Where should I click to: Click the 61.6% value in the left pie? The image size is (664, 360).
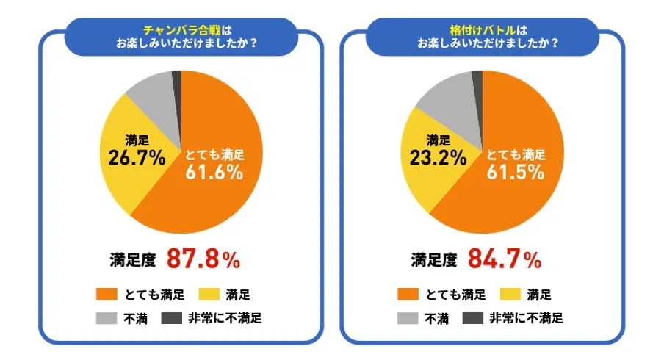214,172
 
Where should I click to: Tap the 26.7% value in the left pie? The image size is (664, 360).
135,156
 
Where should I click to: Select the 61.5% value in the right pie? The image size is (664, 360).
516,172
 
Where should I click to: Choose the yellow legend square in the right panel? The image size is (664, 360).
510,295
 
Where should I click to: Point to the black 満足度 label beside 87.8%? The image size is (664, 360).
133,259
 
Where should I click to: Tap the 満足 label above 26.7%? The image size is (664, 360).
137,139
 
